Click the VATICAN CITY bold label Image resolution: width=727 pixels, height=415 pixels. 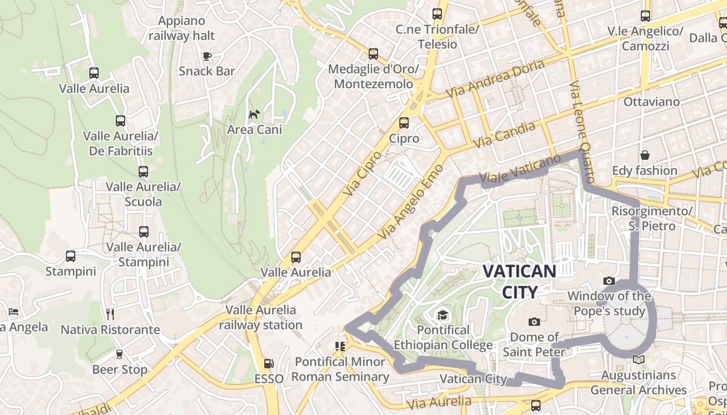coord(519,281)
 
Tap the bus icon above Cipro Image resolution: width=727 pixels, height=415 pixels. coord(403,123)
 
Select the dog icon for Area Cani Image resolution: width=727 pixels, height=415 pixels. coord(254,114)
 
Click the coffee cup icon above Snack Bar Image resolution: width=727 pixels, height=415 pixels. coord(207,56)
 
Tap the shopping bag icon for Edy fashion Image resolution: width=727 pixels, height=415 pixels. coord(644,155)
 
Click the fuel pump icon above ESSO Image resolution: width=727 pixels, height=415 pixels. coord(268,364)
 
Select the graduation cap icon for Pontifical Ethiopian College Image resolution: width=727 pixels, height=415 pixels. coord(442,315)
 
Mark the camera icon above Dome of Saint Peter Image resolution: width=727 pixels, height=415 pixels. coord(534,322)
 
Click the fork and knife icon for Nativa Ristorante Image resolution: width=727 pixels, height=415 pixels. coord(110,314)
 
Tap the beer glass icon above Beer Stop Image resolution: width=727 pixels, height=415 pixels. coord(119,354)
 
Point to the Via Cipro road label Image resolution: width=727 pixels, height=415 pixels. coord(362,173)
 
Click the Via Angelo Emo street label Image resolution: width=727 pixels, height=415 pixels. coord(411,202)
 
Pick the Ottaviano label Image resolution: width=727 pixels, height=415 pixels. coord(651,102)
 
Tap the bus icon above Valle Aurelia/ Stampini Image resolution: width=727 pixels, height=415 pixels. coord(144,231)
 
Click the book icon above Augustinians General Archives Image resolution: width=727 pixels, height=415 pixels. coord(639,359)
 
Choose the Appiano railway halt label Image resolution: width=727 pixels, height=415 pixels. coord(182,29)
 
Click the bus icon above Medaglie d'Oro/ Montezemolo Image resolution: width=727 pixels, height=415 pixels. coord(373,54)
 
